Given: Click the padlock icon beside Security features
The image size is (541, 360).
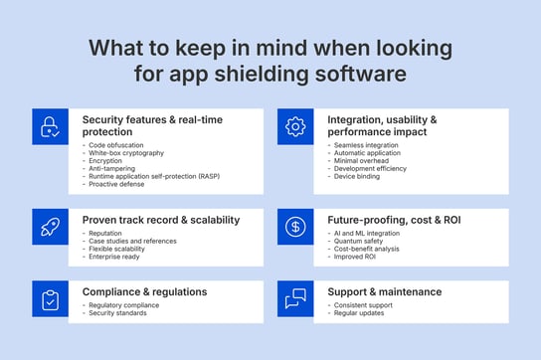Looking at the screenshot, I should (49, 127).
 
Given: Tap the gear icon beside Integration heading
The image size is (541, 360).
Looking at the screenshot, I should (294, 127).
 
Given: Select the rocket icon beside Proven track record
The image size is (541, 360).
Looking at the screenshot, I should (49, 226).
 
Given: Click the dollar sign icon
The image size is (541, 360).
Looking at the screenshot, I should (294, 226).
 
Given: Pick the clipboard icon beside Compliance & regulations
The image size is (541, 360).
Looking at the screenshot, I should (49, 298).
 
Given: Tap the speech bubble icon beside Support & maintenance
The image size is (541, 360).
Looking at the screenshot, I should (294, 298).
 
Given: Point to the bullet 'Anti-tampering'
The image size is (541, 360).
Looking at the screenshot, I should (112, 169).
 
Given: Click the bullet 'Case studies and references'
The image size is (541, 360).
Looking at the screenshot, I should (133, 241).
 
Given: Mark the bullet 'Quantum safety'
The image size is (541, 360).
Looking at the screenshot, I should (359, 241).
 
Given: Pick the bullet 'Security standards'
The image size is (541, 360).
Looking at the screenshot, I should (119, 313).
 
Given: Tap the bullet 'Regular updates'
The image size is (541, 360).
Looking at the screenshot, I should (360, 313).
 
